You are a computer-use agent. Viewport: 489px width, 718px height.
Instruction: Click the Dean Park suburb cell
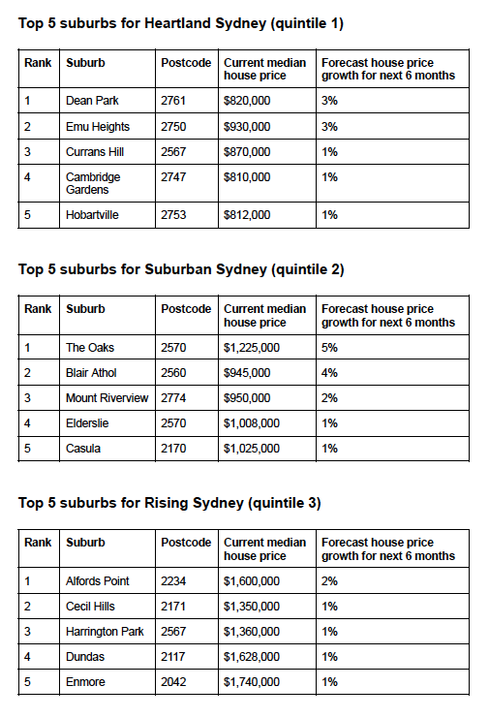pyautogui.click(x=92, y=100)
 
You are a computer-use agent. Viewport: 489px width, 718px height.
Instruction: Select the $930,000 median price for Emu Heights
pyautogui.click(x=247, y=126)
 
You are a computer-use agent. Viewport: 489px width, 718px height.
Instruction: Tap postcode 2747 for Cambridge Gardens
pyautogui.click(x=177, y=177)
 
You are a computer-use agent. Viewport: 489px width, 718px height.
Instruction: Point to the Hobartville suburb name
pyautogui.click(x=92, y=214)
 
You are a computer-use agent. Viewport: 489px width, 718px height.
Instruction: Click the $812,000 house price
pyautogui.click(x=247, y=214)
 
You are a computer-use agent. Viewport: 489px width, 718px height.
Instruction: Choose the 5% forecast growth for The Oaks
pyautogui.click(x=329, y=347)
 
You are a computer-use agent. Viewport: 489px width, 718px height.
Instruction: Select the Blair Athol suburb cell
pyautogui.click(x=92, y=372)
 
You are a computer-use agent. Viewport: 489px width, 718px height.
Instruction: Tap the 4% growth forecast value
pyautogui.click(x=329, y=372)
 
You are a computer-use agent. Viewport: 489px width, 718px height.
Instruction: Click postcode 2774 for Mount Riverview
pyautogui.click(x=177, y=397)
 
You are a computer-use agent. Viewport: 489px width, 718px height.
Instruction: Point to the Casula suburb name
pyautogui.click(x=83, y=448)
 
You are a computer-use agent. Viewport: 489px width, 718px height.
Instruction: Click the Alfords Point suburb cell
pyautogui.click(x=98, y=580)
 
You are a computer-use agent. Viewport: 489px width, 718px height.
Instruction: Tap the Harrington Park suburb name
pyautogui.click(x=105, y=632)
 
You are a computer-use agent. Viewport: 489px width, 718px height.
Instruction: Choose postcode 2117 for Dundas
pyautogui.click(x=177, y=657)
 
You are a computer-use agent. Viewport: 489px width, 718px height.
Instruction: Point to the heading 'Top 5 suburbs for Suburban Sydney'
pyautogui.click(x=181, y=269)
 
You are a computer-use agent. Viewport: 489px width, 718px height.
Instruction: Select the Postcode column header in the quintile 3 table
pyautogui.click(x=186, y=543)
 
